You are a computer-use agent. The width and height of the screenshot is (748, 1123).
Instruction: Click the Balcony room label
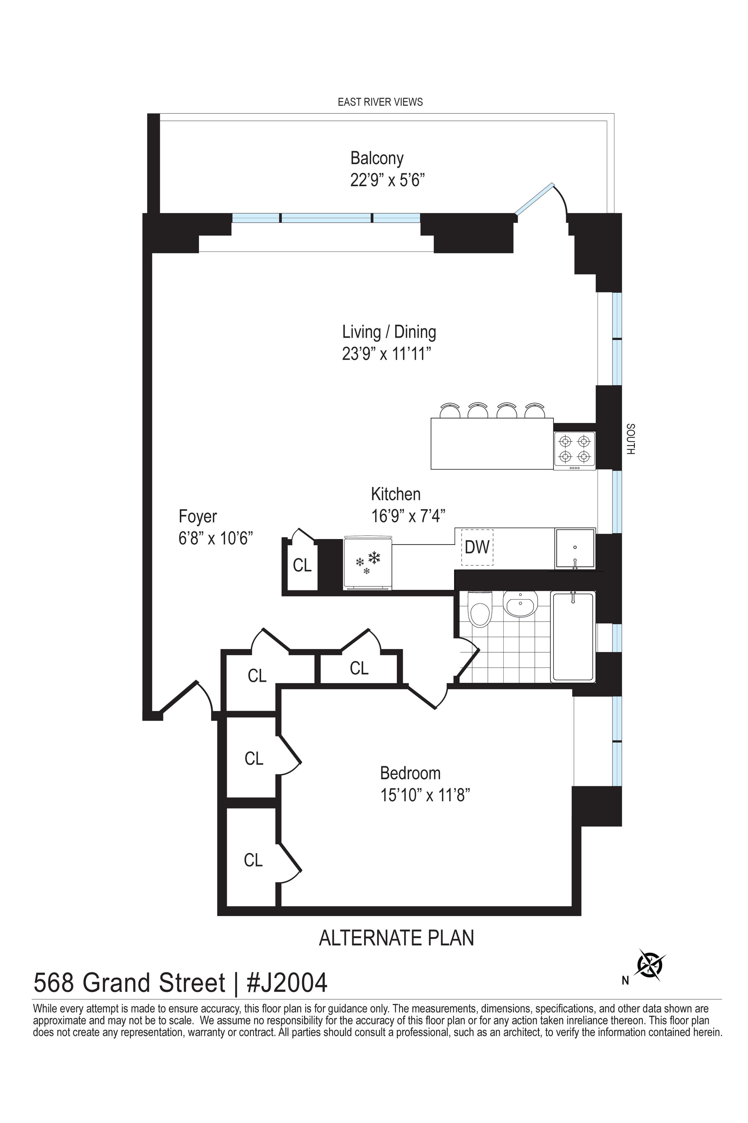click(377, 158)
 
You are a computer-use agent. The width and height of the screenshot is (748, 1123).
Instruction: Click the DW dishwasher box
click(477, 547)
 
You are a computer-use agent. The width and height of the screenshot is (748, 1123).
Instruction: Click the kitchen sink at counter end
click(575, 549)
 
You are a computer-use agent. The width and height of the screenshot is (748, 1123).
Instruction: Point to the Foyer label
click(198, 517)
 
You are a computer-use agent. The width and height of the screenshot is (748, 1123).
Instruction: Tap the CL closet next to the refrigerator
click(302, 566)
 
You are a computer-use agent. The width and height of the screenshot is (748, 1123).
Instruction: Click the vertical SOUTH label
click(630, 439)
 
